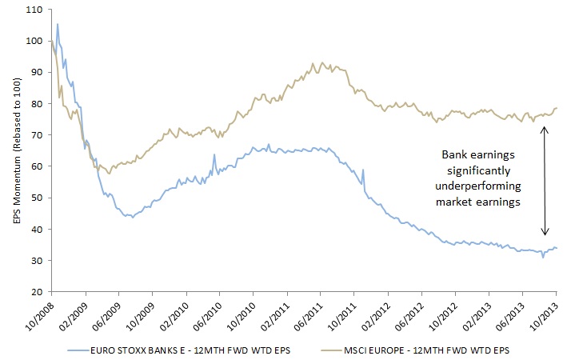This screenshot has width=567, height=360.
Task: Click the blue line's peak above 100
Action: pyautogui.click(x=57, y=24)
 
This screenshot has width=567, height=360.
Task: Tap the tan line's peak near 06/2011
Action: pyautogui.click(x=322, y=62)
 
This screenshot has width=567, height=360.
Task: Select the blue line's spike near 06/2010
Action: pyautogui.click(x=214, y=154)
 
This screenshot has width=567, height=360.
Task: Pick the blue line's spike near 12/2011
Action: pyautogui.click(x=363, y=170)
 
